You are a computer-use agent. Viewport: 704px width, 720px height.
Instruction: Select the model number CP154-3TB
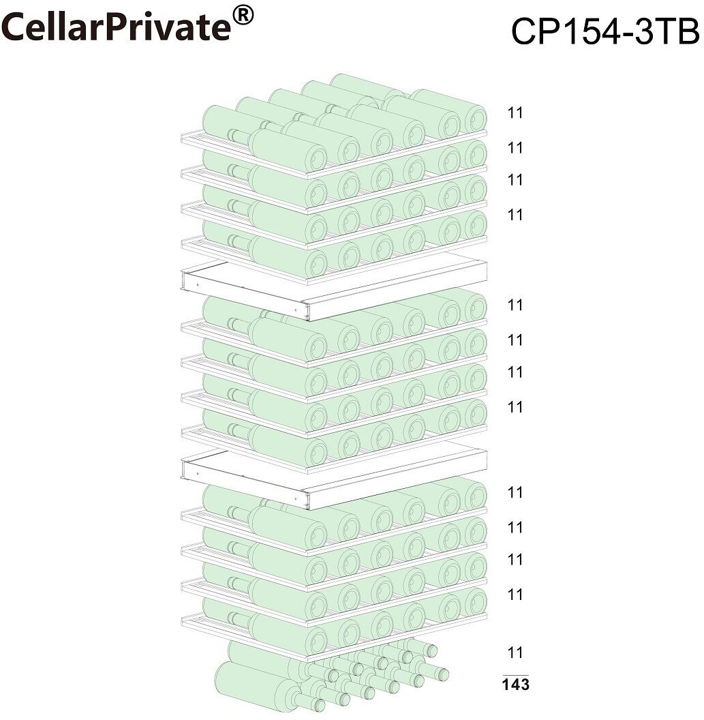[604, 31]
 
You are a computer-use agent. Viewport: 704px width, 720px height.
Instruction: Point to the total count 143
[515, 685]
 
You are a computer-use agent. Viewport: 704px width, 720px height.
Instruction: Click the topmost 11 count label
[515, 113]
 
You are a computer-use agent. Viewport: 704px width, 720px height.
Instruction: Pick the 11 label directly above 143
[515, 652]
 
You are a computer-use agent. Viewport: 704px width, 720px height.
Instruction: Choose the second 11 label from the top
[515, 148]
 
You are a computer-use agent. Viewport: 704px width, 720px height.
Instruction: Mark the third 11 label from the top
[515, 180]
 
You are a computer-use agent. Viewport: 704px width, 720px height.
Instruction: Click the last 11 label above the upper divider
[515, 215]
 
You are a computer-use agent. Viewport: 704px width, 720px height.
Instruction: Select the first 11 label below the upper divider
[515, 305]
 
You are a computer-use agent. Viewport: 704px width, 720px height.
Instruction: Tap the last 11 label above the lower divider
[515, 407]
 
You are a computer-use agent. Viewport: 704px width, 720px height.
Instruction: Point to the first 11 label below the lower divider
[515, 492]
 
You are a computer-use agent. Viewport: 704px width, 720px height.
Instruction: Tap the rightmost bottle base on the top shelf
[475, 118]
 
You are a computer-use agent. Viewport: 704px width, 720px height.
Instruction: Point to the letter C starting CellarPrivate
[15, 28]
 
